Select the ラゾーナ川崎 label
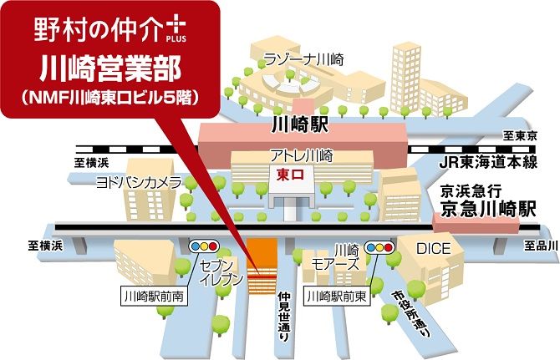coord(303,59)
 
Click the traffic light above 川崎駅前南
coord(206,247)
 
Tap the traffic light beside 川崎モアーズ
coord(381,247)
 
